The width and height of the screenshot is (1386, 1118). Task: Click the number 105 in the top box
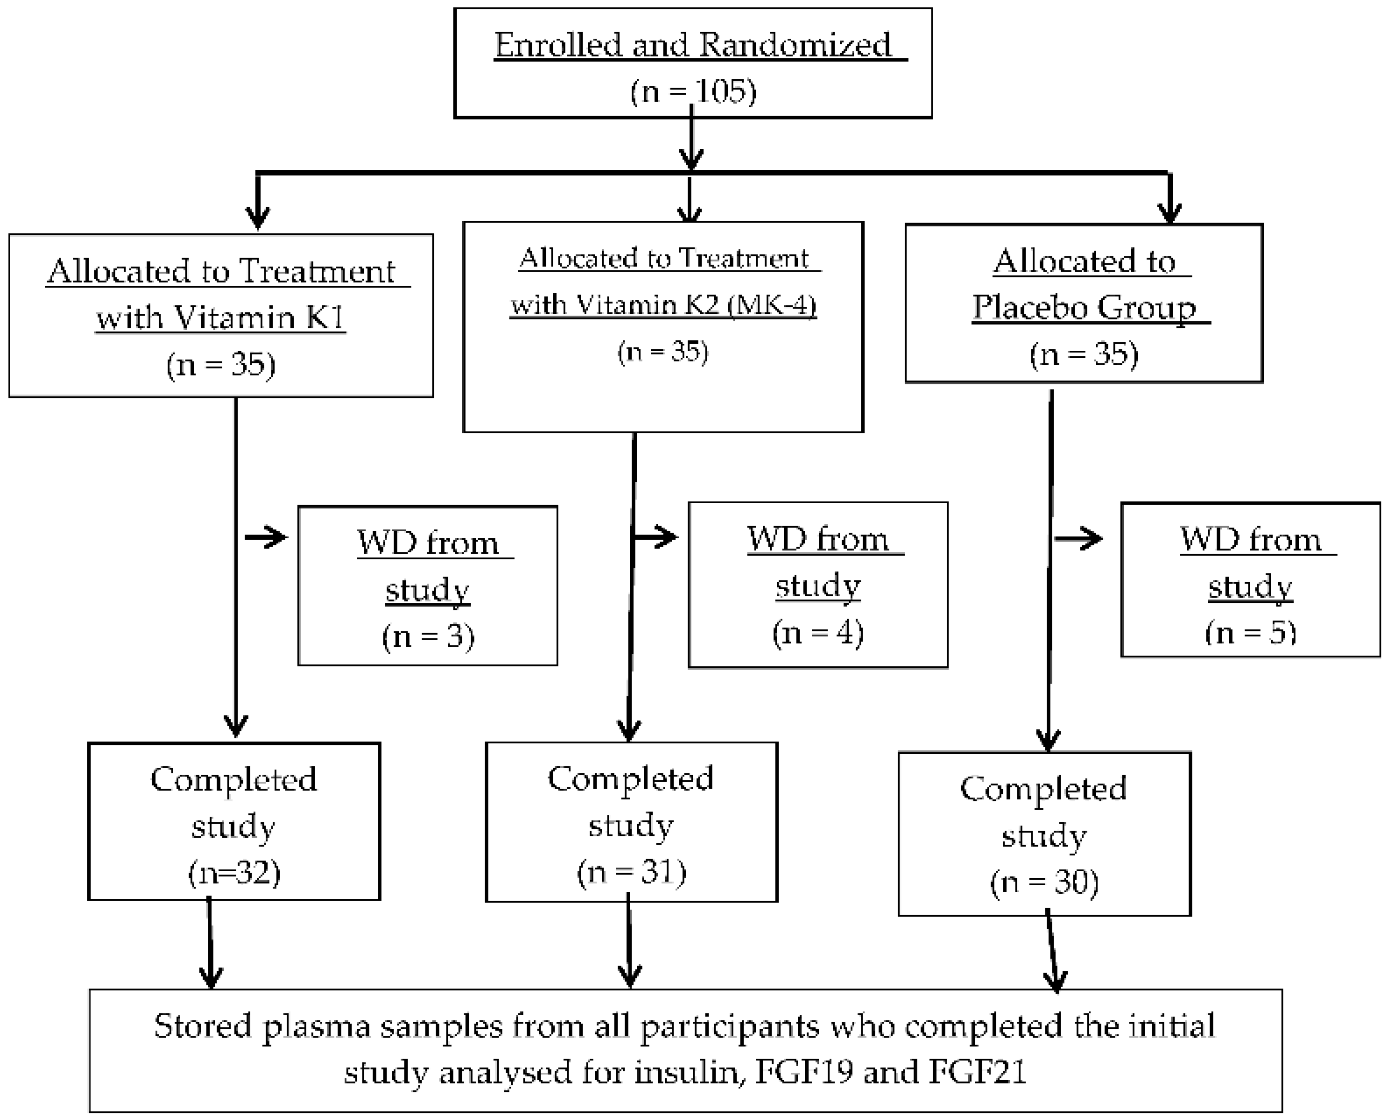click(724, 91)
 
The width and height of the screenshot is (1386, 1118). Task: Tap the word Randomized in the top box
click(795, 45)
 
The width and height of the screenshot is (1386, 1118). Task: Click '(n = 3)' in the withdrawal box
click(428, 636)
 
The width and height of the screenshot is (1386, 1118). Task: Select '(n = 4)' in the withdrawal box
click(818, 632)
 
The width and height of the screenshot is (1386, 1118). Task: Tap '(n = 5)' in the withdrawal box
click(1250, 632)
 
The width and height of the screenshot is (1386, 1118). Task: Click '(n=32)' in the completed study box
click(234, 873)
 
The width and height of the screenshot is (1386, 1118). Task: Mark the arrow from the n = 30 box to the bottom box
click(1052, 953)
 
